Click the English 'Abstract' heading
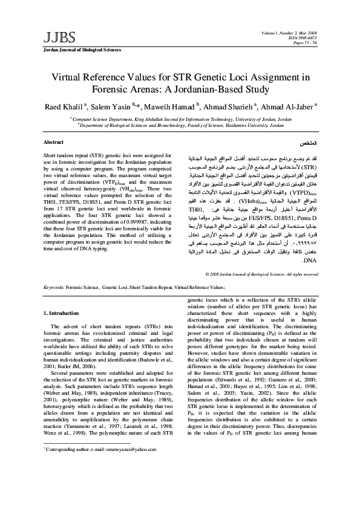point(54,141)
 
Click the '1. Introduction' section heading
point(62,313)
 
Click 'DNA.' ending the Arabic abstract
point(309,261)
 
